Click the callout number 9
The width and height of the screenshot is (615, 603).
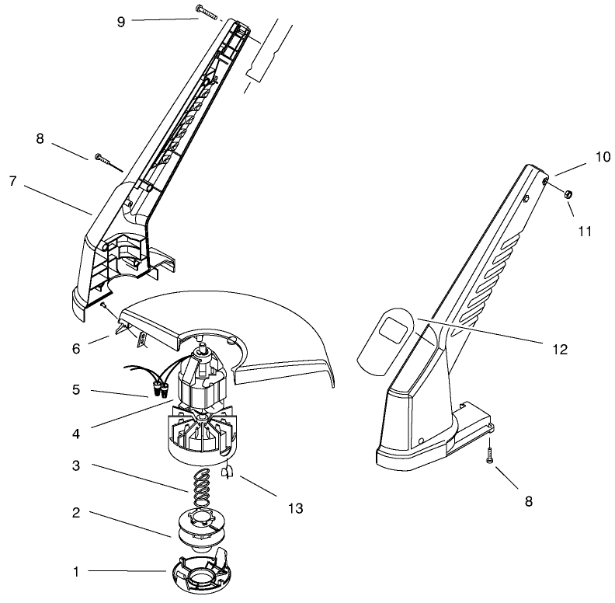pyautogui.click(x=121, y=21)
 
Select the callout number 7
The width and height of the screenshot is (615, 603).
pyautogui.click(x=12, y=180)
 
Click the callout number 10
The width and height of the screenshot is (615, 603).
pyautogui.click(x=603, y=156)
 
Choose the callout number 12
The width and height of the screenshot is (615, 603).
pyautogui.click(x=561, y=349)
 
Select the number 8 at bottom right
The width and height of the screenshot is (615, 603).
pyautogui.click(x=530, y=501)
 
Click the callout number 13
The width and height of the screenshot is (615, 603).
pyautogui.click(x=294, y=508)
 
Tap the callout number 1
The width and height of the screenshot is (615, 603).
pyautogui.click(x=76, y=572)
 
